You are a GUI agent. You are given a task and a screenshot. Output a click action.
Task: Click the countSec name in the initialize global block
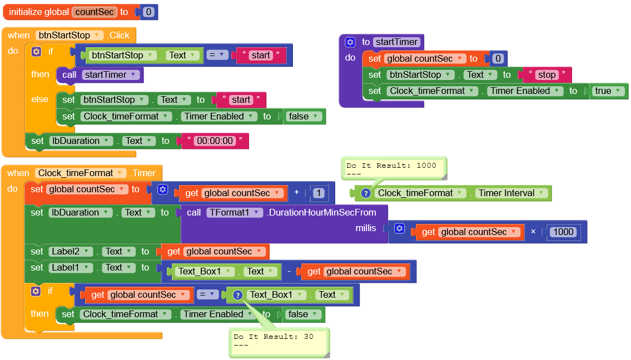(x=94, y=12)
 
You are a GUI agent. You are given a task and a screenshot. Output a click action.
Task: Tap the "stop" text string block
(x=546, y=74)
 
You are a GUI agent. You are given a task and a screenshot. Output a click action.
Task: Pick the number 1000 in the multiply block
(x=564, y=232)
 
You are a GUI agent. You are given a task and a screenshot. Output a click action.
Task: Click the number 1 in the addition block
(x=319, y=193)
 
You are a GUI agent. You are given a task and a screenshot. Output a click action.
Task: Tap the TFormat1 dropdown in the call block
(x=234, y=212)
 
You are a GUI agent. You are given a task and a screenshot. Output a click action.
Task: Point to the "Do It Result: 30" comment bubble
(x=278, y=340)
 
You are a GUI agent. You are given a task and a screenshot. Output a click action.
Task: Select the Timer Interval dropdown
(x=511, y=193)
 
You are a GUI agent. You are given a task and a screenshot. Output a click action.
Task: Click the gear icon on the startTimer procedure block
(x=350, y=42)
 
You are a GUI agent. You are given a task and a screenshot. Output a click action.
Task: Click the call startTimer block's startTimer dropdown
(x=108, y=75)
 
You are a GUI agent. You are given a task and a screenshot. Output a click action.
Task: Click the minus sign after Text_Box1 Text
(x=290, y=272)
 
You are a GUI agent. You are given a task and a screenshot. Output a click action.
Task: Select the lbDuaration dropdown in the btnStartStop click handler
(x=81, y=141)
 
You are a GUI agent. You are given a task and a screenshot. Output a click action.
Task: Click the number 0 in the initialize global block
(x=148, y=12)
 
